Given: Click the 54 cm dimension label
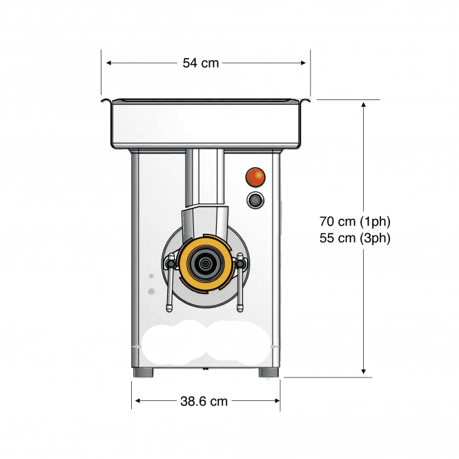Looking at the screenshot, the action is pos(201,63).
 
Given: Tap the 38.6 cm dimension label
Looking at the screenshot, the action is pos(204,401).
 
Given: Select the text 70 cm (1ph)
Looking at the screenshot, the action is pos(355,222).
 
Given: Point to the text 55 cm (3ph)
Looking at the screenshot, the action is pos(355,238).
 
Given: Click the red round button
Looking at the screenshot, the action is pos(255,177).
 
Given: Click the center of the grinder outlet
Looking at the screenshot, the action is pos(205,264).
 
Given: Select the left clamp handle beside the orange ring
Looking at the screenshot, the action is pos(170,282).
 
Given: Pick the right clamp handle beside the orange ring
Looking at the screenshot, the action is pos(240,282).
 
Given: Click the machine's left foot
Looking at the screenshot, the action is pos(143,373).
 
